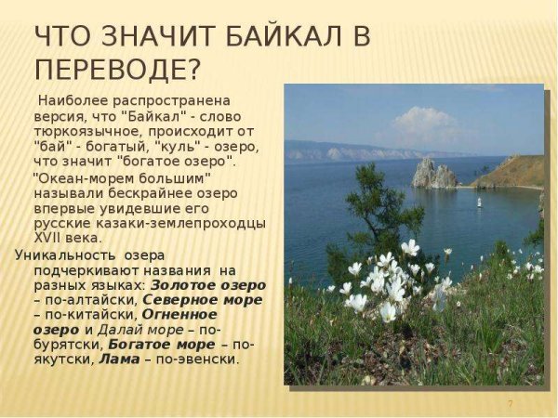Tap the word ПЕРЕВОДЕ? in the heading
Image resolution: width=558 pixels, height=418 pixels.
116,70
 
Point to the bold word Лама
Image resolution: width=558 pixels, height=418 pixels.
119,359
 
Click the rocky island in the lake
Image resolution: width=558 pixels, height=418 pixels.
434,174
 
